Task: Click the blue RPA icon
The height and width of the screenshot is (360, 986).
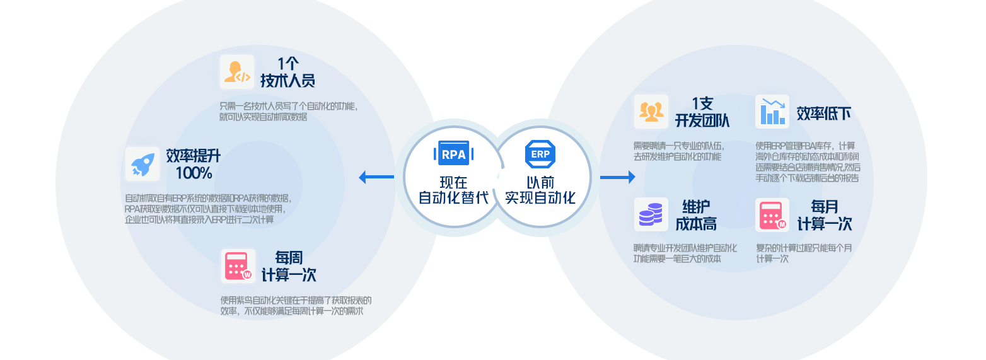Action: coord(453,153)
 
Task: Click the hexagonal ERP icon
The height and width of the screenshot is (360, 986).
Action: coord(540,154)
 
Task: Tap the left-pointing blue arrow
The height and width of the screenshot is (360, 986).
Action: coord(376,177)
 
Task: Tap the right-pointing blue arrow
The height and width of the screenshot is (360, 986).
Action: coord(618,177)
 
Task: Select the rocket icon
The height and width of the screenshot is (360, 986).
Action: coord(142,164)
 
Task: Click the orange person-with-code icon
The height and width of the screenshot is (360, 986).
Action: coord(237,72)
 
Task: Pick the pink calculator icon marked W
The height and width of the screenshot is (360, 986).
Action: coord(238,266)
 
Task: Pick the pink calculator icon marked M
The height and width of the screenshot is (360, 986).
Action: coord(772,215)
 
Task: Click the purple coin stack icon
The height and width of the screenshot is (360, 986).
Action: coord(651,215)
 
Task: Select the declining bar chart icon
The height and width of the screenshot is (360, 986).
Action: coord(772,112)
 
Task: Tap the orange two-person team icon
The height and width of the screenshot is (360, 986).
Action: coord(651,112)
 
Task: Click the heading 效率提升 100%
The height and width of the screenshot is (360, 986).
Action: coord(194,164)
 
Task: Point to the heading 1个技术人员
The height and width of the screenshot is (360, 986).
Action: coord(287,73)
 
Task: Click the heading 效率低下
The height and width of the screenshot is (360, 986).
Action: coord(823,113)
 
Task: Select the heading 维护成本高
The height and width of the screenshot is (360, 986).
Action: coord(696,215)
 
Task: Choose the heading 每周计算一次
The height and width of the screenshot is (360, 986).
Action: coord(289,266)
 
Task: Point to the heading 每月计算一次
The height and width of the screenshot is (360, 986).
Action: coord(825,215)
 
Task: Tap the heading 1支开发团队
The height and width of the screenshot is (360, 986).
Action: coord(702,112)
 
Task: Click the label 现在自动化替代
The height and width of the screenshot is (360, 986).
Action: coord(453,190)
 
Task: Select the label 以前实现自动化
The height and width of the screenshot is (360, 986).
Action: coord(540,190)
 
